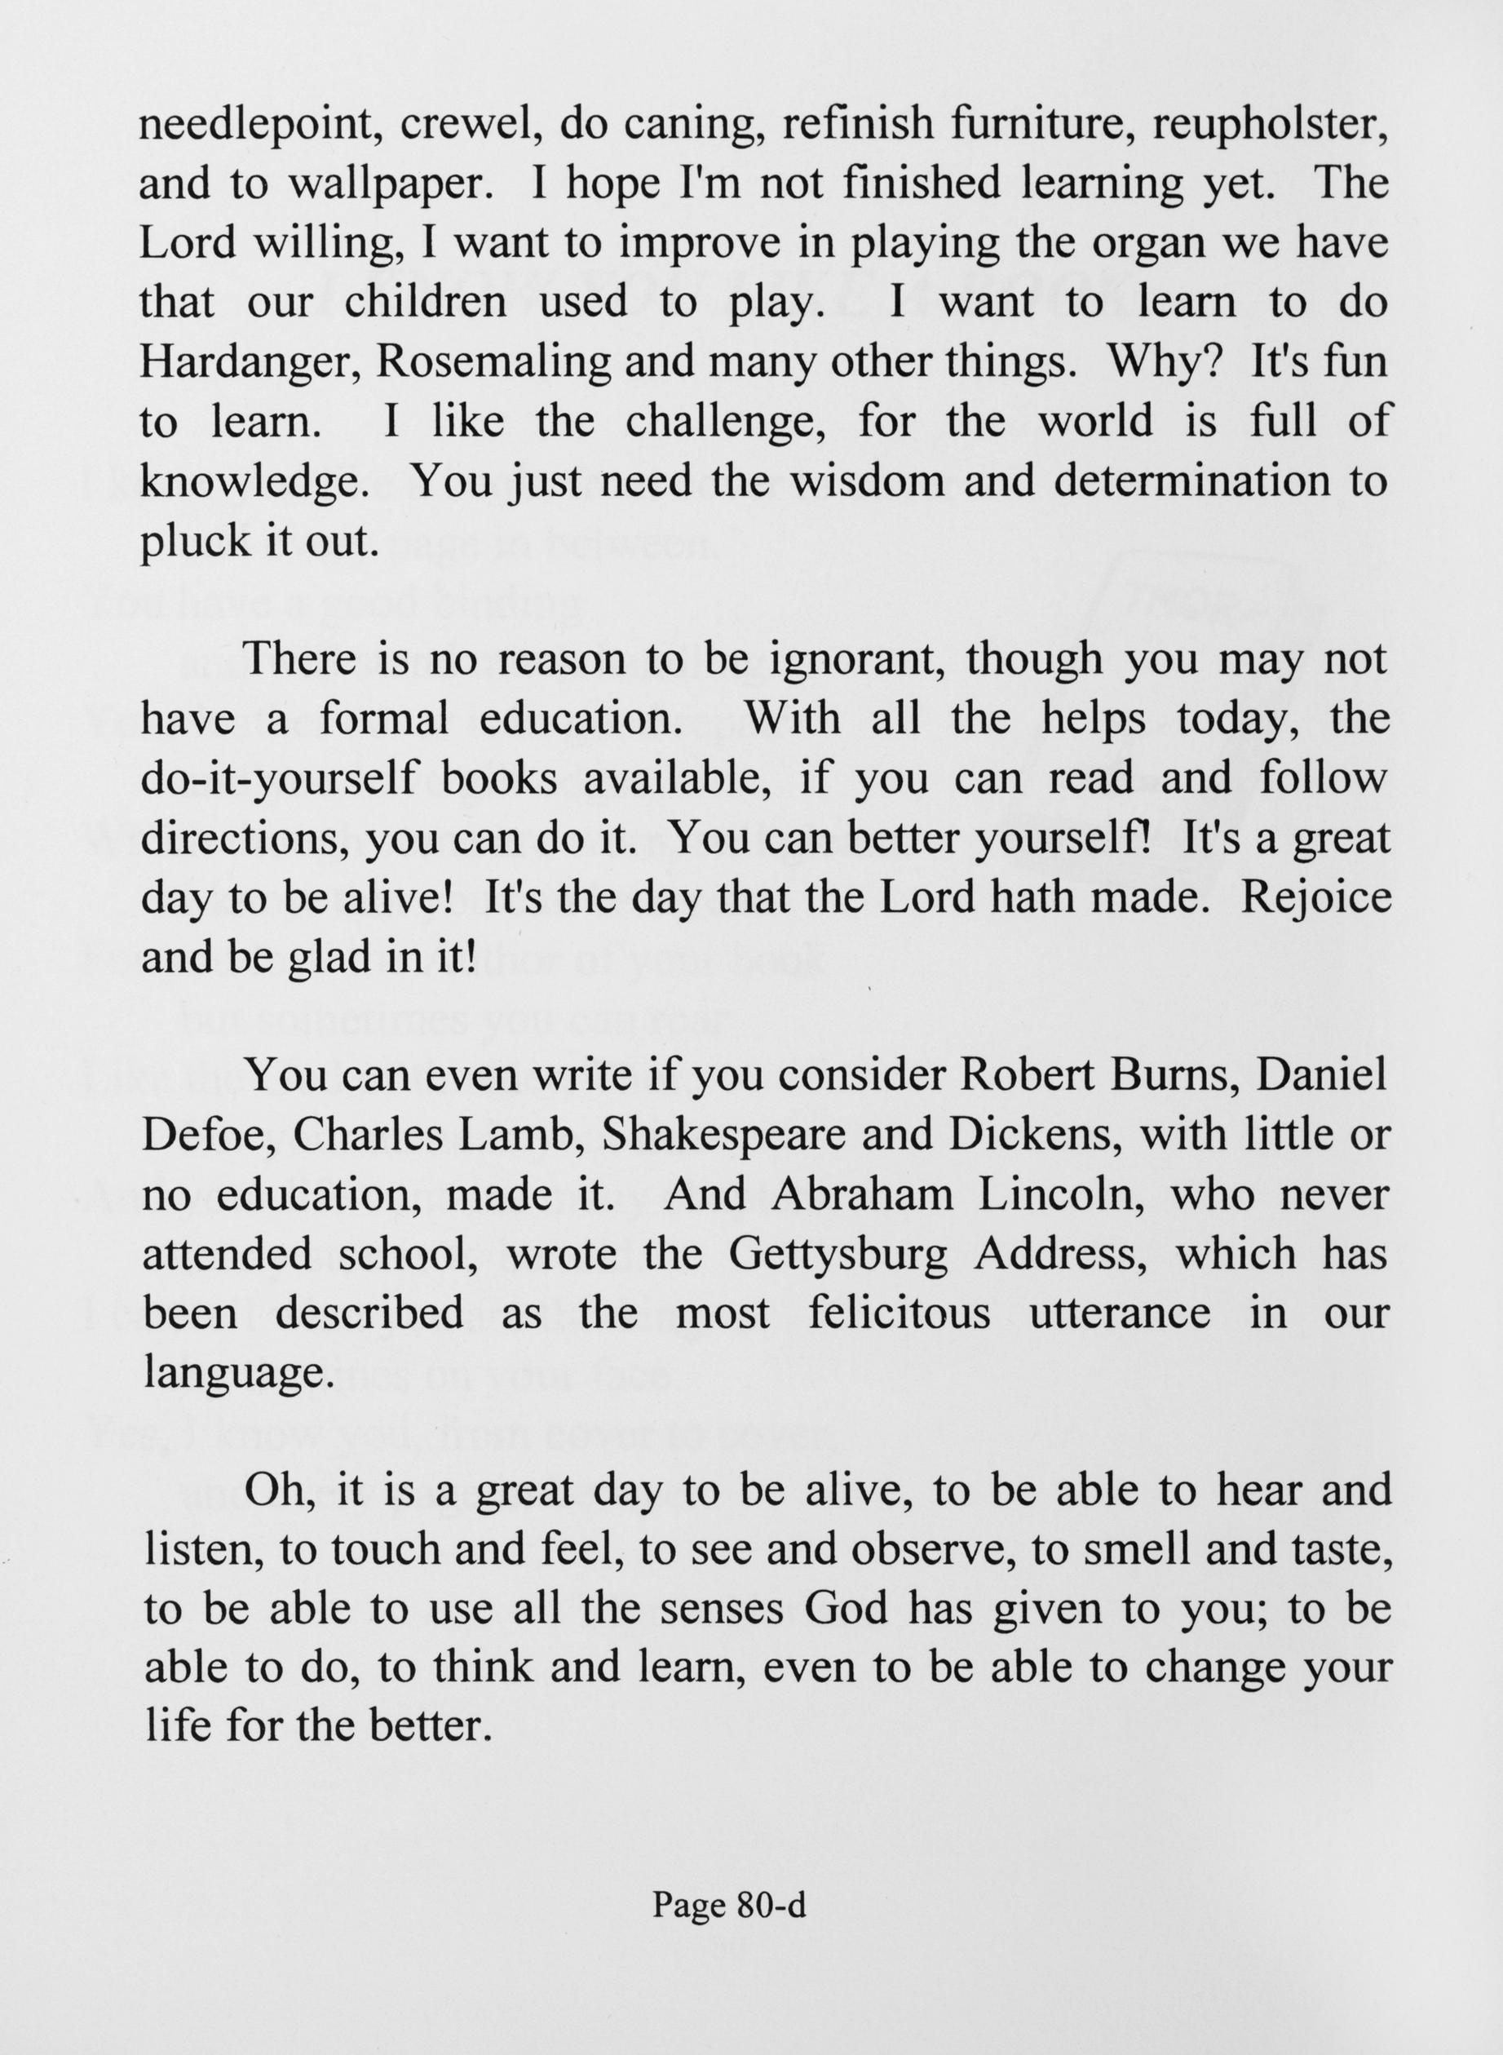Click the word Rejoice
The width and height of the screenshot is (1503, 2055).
[x=1315, y=898]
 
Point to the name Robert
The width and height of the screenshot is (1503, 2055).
[x=1030, y=1076]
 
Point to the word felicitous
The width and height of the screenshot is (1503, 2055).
[x=899, y=1314]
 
